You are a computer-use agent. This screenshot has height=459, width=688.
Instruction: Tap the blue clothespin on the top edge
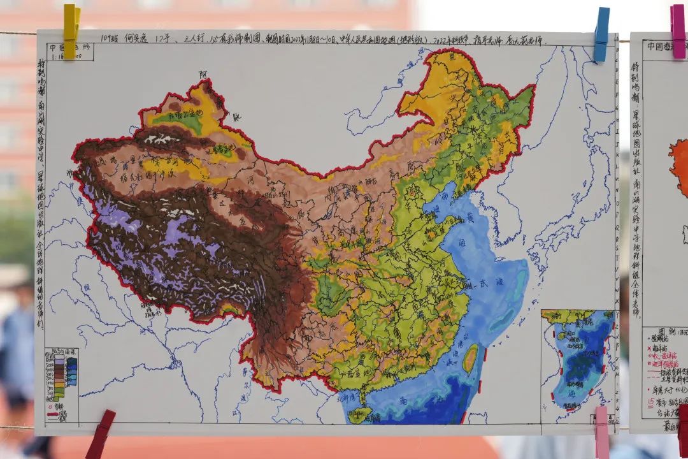coord(601,34)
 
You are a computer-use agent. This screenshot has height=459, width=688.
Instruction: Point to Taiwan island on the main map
coord(469,358)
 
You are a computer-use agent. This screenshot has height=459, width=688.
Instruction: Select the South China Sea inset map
coord(577,360)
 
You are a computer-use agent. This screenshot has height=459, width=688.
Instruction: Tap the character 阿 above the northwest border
coord(203,75)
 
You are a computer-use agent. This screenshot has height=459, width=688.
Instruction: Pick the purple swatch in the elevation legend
coord(59,364)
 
